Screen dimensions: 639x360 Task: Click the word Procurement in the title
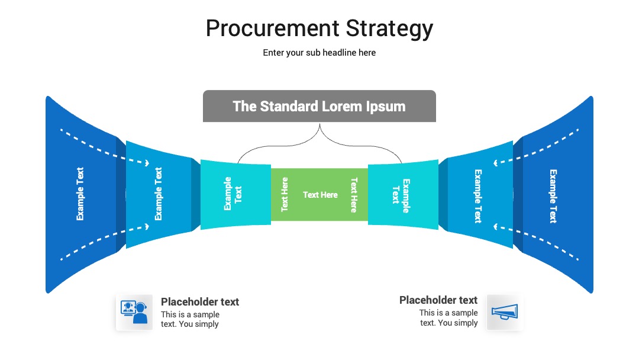tap(272, 28)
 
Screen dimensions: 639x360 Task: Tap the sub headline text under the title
tap(319, 53)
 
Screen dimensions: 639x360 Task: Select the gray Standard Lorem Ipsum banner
tap(319, 106)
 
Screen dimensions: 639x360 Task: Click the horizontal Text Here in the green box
tap(320, 195)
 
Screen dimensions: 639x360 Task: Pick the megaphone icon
tap(505, 313)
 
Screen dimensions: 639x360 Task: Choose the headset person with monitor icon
tap(134, 312)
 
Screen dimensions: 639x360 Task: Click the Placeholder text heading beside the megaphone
tap(438, 300)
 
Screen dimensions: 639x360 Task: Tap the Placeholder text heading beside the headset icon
tap(200, 302)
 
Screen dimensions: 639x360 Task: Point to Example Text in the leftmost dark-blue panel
tap(80, 194)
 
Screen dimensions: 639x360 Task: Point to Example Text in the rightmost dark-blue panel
tap(553, 196)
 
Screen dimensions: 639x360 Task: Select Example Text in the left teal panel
tap(233, 194)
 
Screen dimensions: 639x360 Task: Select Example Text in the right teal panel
tap(401, 196)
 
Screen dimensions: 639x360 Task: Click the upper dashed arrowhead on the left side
tap(147, 163)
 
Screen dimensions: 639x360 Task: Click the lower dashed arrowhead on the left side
tap(147, 226)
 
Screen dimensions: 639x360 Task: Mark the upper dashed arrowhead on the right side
tap(496, 163)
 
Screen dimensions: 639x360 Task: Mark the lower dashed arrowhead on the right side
tap(496, 226)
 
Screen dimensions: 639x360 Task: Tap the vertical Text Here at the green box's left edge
tap(285, 194)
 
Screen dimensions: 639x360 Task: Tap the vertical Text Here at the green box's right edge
tap(354, 195)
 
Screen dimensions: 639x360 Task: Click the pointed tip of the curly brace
tap(319, 125)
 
